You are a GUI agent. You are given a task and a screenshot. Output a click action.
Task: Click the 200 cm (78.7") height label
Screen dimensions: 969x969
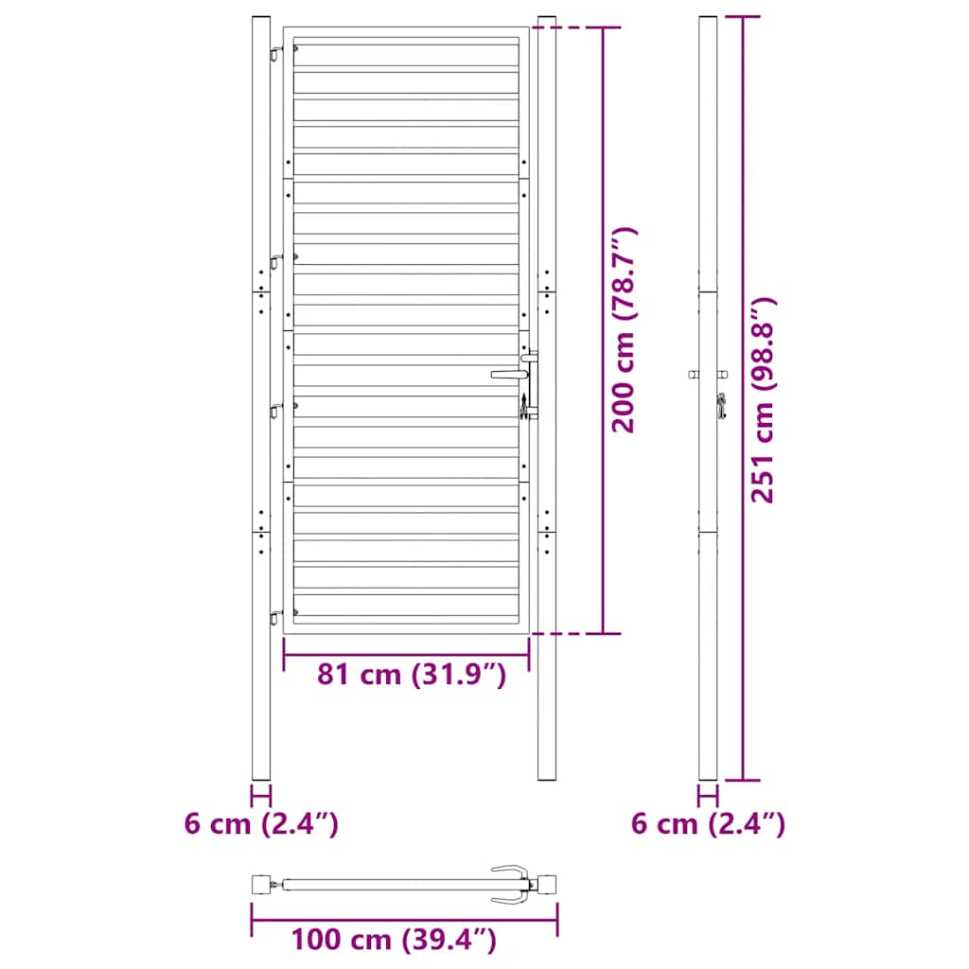click(x=625, y=329)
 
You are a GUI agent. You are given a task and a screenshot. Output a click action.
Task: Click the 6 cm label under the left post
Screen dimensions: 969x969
click(x=261, y=824)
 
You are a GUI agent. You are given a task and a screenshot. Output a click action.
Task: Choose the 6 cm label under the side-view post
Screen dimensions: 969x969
click(x=708, y=824)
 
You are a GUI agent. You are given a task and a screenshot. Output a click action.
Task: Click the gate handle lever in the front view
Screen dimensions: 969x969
click(x=507, y=375)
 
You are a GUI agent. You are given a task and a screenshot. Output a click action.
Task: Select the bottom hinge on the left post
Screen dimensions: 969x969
click(x=276, y=617)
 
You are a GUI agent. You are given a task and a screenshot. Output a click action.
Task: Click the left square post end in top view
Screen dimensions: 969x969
click(x=260, y=886)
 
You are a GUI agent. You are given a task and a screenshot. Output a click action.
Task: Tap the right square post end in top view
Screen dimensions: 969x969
click(x=547, y=886)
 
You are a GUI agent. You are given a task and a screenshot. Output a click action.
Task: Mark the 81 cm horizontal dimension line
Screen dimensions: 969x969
click(x=406, y=653)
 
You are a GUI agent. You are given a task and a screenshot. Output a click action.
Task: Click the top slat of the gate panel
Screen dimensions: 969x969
click(x=408, y=53)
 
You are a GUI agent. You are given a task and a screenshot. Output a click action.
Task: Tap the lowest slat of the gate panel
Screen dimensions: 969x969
click(x=408, y=606)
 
